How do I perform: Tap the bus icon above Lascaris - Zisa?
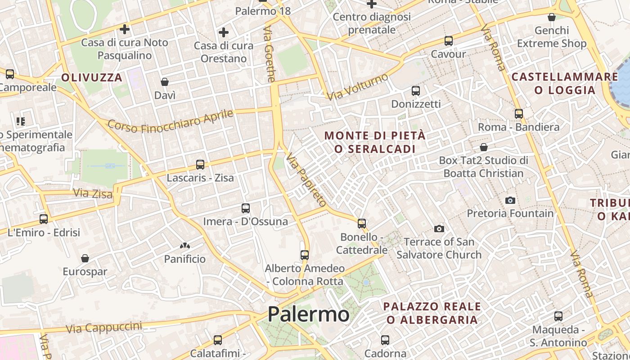point(200,165)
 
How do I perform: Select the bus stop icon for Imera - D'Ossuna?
point(245,208)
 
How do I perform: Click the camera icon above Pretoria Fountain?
point(510,200)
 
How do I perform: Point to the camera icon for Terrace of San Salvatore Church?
point(439,229)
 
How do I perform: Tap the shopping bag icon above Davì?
point(165,82)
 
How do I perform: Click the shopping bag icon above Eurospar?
point(85,258)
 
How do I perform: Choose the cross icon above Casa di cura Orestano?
point(223,32)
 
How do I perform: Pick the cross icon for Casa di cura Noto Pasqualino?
point(125,29)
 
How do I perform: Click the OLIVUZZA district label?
point(92,77)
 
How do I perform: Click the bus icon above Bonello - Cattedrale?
point(361,223)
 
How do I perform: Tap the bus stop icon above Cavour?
point(448,41)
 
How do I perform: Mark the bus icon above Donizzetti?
point(416,91)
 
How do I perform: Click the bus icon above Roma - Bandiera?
point(519,113)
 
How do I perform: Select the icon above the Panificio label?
point(184,246)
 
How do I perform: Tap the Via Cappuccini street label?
point(104,328)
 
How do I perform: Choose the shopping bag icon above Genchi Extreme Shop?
point(552,17)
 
